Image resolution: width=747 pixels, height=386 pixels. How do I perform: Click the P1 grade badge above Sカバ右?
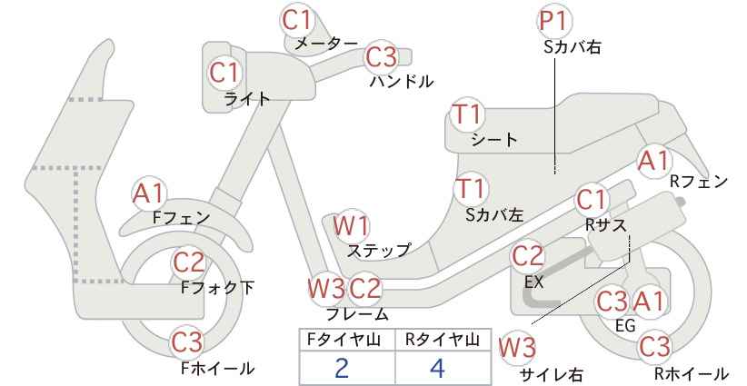click(x=555, y=22)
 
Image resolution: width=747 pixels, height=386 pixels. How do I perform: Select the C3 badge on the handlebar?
click(x=381, y=57)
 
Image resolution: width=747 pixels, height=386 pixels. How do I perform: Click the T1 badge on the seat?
click(x=468, y=114)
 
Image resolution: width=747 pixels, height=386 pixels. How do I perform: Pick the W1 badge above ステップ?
click(x=351, y=226)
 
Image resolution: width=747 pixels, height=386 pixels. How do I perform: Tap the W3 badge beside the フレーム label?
click(x=327, y=289)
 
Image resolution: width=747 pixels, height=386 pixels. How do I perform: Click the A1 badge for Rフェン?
click(x=653, y=161)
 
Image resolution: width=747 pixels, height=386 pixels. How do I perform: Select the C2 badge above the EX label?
click(x=527, y=256)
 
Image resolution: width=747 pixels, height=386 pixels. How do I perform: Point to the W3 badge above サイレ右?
click(x=517, y=349)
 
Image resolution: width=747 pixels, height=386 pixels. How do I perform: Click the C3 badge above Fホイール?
click(x=187, y=342)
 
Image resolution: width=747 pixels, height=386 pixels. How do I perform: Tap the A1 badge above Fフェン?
click(x=149, y=194)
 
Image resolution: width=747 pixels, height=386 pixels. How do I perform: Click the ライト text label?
click(x=247, y=99)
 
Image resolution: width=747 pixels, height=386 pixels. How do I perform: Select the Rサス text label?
click(x=606, y=224)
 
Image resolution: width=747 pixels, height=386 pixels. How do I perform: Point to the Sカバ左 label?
click(x=494, y=215)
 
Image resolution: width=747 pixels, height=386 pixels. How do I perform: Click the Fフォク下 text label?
click(x=218, y=288)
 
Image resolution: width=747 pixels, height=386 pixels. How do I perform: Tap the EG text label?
click(x=625, y=325)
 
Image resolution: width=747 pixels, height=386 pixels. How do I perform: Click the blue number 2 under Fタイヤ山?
click(x=342, y=368)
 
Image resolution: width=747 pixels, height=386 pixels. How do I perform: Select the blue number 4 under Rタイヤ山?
click(x=437, y=368)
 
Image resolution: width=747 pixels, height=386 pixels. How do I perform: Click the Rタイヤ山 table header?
click(x=443, y=340)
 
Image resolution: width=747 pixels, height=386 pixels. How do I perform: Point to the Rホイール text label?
click(x=691, y=373)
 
